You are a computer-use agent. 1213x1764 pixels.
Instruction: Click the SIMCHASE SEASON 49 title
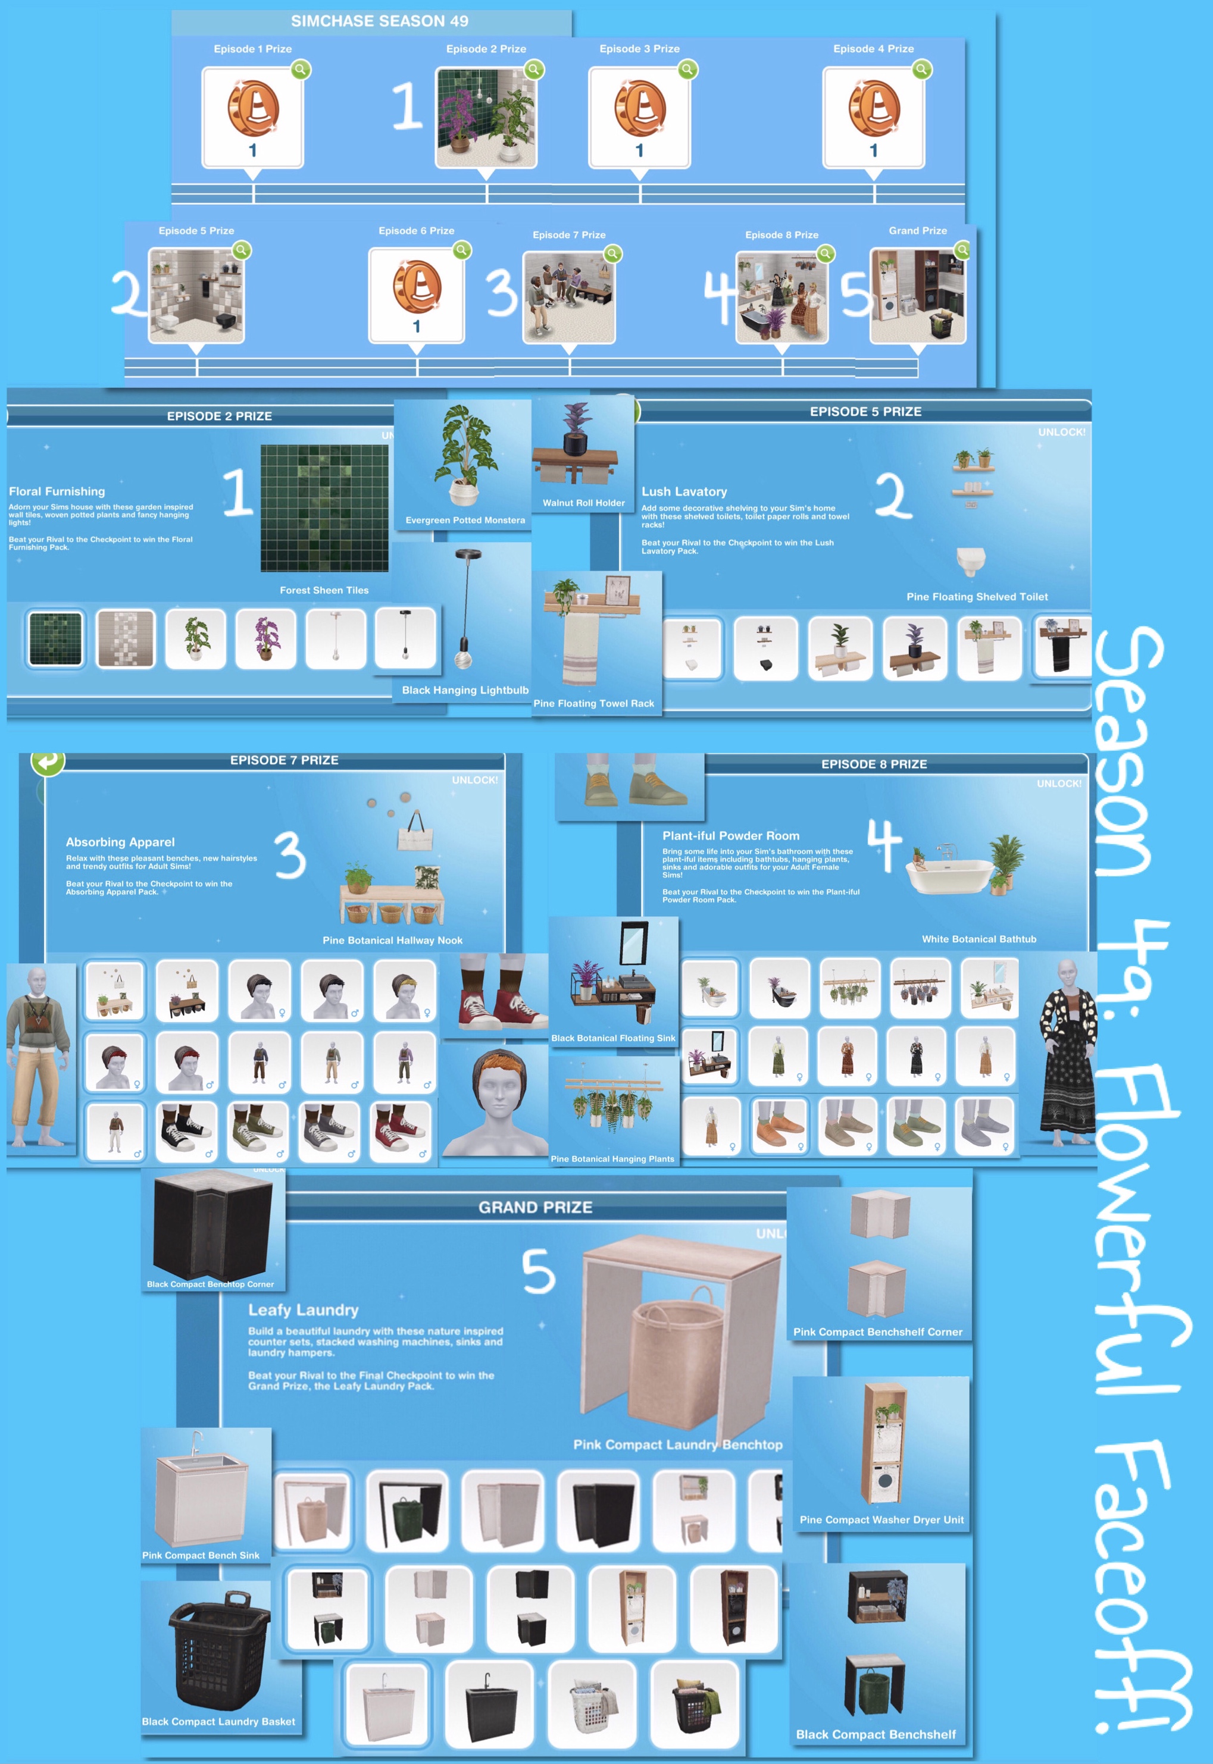pos(379,21)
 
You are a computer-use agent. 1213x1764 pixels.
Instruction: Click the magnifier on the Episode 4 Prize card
pos(921,70)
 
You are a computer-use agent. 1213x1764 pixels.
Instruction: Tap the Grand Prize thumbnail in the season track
pos(917,296)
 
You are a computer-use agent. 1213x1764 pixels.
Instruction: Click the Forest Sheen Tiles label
pos(324,590)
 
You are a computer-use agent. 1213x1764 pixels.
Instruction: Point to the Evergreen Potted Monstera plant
pos(464,455)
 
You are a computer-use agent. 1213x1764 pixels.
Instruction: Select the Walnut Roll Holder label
pos(584,503)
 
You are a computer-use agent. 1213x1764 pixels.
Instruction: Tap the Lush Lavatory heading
pos(684,491)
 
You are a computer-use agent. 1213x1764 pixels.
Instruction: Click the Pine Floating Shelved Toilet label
pos(977,597)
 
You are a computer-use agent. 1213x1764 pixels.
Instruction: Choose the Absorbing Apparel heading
pos(120,842)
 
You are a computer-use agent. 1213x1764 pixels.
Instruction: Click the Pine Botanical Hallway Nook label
pos(392,941)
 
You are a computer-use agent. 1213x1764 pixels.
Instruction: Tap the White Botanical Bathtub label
pos(979,939)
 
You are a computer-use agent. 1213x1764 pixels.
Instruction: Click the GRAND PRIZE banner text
pos(535,1207)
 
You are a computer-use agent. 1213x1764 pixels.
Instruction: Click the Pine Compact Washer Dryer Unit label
pos(881,1519)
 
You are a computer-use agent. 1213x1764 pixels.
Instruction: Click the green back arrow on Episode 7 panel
pos(47,761)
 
